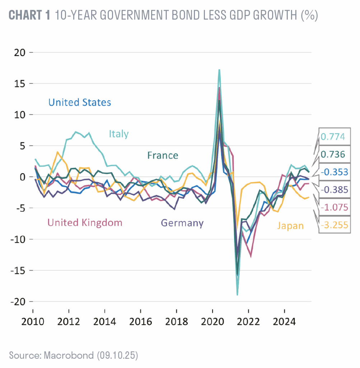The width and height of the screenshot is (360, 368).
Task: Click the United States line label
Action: [80, 102]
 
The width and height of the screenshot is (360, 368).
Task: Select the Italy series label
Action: [119, 134]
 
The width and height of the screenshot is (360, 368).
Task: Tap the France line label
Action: [163, 155]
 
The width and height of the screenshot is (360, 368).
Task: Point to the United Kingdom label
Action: [85, 222]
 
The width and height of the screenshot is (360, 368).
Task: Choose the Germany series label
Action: [182, 223]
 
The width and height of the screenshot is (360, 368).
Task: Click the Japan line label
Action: [290, 226]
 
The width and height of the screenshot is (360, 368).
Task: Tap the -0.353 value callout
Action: [334, 172]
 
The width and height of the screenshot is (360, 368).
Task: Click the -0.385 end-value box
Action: [334, 190]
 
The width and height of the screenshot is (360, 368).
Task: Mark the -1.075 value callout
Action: [334, 207]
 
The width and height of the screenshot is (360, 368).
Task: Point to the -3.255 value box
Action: [334, 225]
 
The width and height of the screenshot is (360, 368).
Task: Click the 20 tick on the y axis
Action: [21, 52]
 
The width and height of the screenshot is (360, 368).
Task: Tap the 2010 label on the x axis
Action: [33, 321]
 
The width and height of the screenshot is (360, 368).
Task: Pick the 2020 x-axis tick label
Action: [212, 321]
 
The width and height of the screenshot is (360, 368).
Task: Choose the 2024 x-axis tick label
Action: [284, 321]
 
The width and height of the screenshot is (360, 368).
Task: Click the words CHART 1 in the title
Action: [30, 16]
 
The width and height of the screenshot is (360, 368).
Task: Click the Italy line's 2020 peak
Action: [219, 70]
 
